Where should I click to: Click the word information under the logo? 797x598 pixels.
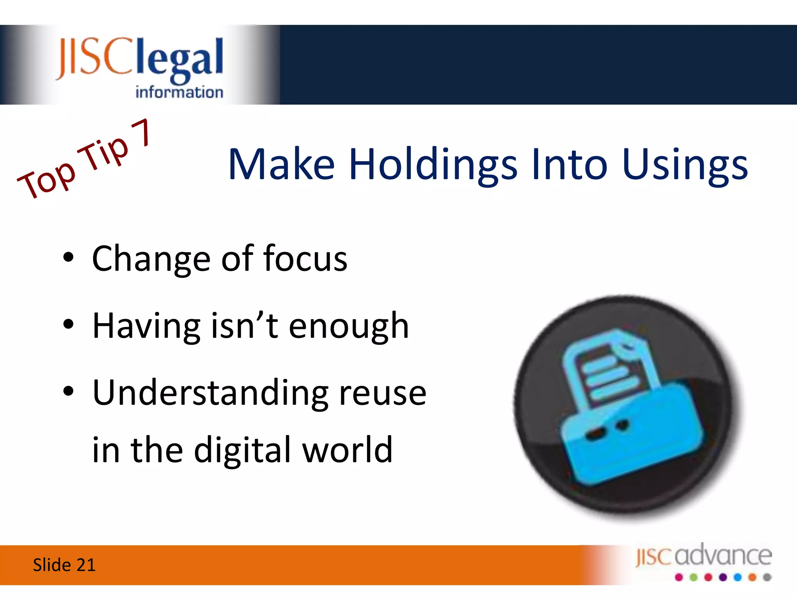[179, 93]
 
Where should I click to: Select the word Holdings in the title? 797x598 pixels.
[433, 165]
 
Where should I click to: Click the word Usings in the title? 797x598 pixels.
[685, 165]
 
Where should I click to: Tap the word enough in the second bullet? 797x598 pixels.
[349, 326]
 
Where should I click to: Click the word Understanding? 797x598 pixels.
[211, 393]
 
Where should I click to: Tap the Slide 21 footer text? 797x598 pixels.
[64, 565]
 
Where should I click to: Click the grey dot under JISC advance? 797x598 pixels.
[767, 577]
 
